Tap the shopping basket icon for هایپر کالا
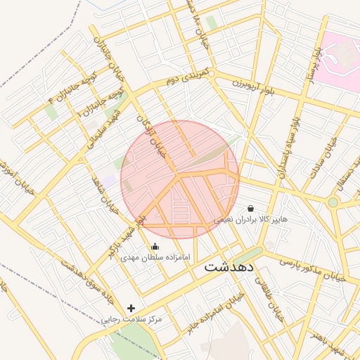[x=251, y=208]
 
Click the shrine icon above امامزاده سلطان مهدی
[x=155, y=246]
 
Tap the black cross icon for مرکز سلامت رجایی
[x=131, y=308]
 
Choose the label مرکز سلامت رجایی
[x=132, y=319]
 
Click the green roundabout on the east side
[x=333, y=202]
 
